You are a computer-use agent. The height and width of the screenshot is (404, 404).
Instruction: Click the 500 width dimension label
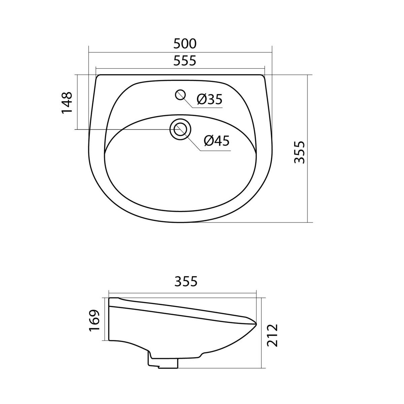(185, 44)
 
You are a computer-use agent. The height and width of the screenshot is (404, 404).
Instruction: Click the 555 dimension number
(185, 61)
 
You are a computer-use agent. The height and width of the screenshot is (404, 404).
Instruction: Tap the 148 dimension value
(67, 103)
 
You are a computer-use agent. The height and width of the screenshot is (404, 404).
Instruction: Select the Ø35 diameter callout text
(209, 99)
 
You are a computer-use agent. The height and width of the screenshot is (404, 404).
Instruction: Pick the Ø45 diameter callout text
(217, 141)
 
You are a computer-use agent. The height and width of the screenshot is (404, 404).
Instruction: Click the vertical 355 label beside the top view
(299, 152)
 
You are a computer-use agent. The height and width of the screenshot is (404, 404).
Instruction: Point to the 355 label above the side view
(186, 281)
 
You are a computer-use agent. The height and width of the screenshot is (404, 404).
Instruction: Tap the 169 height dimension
(94, 320)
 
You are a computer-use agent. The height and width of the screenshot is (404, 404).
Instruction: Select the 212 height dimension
(272, 335)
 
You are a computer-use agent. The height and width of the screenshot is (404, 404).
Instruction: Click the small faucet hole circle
(180, 95)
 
